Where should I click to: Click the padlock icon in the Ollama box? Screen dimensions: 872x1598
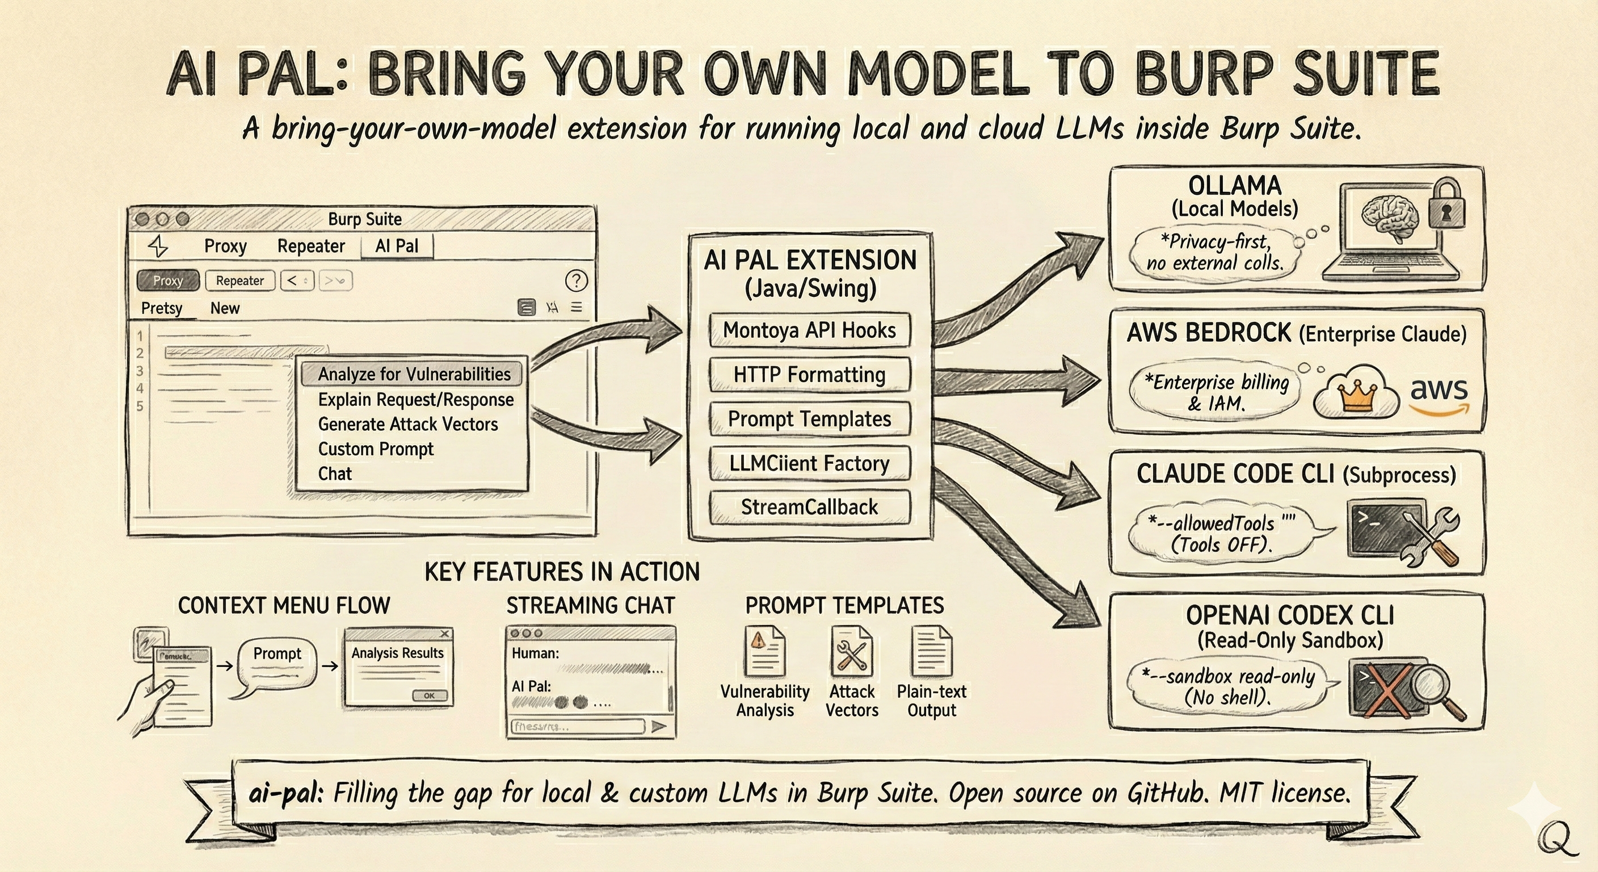pos(1446,205)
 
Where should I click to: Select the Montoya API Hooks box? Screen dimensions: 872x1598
pos(810,330)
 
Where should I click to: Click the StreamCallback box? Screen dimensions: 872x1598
pos(810,507)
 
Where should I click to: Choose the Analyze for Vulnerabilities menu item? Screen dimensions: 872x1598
pos(414,374)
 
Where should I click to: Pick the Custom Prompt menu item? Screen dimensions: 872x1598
pos(375,448)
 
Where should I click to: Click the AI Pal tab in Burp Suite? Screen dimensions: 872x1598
pos(397,246)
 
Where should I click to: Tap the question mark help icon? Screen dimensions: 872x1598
pos(577,280)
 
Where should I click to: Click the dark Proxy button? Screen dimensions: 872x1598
pos(168,280)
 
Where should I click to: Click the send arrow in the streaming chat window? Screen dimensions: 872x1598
pos(659,726)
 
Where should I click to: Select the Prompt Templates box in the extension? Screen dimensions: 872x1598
pos(810,419)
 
